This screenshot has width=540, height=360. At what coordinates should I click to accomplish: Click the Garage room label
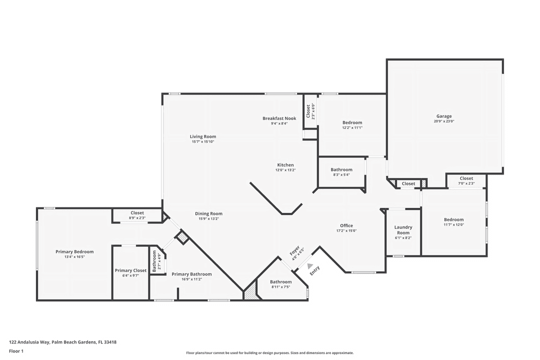click(x=443, y=116)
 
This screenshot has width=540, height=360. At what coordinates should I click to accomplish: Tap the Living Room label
click(x=202, y=136)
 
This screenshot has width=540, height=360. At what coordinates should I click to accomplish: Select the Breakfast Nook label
click(x=279, y=118)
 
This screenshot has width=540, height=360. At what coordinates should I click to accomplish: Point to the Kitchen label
click(x=285, y=165)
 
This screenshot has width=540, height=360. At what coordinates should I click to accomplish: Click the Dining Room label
click(x=208, y=213)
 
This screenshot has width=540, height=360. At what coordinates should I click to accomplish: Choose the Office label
click(x=346, y=225)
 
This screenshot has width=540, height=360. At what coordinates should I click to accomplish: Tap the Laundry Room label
click(x=403, y=230)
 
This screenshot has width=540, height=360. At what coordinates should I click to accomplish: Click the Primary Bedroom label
click(x=74, y=251)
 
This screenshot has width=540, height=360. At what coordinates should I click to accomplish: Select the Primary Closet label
click(x=130, y=270)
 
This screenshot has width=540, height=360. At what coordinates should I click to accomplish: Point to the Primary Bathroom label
click(x=191, y=274)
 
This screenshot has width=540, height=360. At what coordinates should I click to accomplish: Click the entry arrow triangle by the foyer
click(x=310, y=266)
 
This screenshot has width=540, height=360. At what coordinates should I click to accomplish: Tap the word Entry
click(x=315, y=270)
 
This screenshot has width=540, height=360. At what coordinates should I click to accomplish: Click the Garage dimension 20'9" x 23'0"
click(x=443, y=121)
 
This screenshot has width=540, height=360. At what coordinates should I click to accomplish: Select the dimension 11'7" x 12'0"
click(x=453, y=225)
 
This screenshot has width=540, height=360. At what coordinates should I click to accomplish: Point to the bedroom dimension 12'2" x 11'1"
click(x=352, y=128)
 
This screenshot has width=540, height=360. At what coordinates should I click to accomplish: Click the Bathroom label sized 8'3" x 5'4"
click(x=341, y=169)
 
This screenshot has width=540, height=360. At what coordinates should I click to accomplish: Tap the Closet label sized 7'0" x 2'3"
click(x=466, y=178)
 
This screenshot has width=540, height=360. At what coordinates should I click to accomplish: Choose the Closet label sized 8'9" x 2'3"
click(x=137, y=213)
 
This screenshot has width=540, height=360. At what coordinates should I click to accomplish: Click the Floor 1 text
click(x=16, y=351)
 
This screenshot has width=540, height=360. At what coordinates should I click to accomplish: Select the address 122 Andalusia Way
click(x=30, y=342)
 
